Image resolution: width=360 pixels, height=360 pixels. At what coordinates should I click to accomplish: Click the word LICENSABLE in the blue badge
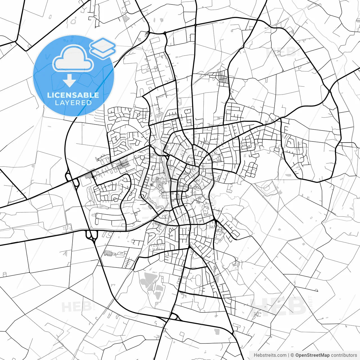pyautogui.click(x=73, y=95)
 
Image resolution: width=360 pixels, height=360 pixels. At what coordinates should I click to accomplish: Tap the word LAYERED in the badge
pyautogui.click(x=73, y=103)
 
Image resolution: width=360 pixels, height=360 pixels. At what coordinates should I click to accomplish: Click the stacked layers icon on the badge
pyautogui.click(x=103, y=48)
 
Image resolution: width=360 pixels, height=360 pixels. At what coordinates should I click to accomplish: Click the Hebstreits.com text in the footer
pyautogui.click(x=270, y=355)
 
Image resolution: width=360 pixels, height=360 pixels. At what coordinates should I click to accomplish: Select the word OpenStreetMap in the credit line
pyautogui.click(x=312, y=355)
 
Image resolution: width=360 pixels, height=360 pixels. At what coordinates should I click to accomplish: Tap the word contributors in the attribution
pyautogui.click(x=344, y=355)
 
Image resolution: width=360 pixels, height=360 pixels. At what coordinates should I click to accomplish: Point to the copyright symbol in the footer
pyautogui.click(x=292, y=355)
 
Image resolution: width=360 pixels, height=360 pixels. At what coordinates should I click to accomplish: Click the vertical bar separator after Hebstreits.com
pyautogui.click(x=289, y=355)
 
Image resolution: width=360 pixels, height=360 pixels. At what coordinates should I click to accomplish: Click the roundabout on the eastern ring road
pyautogui.click(x=329, y=91)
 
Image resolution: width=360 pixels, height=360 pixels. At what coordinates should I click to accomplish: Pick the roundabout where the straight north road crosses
pyautogui.click(x=195, y=25)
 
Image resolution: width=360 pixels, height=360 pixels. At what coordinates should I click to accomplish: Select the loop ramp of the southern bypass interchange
pyautogui.click(x=174, y=317)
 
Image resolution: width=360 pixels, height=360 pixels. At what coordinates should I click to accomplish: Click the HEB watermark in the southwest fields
pyautogui.click(x=76, y=307)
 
